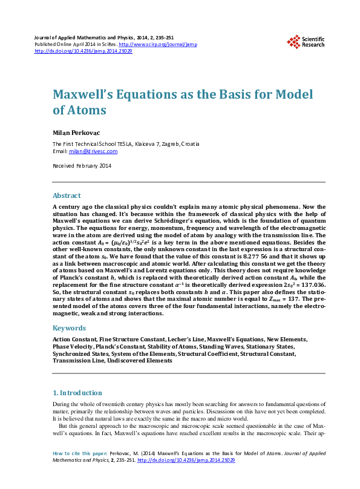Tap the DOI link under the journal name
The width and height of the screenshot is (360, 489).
[83, 51]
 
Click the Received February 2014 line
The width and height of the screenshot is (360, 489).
[82, 166]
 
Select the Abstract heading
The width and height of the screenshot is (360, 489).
[67, 195]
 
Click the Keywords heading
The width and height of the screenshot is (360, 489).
[69, 328]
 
